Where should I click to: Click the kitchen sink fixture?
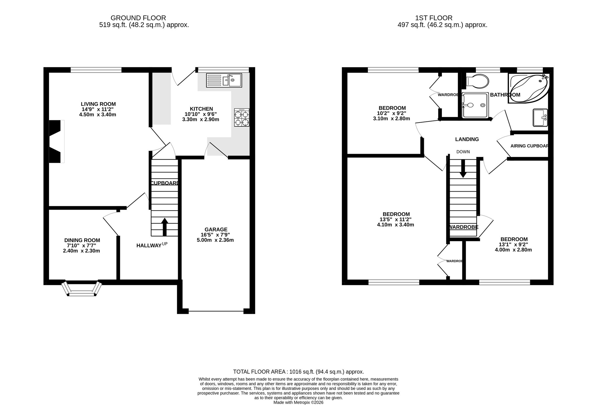click(x=224, y=80)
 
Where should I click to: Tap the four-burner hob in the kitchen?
click(x=242, y=117)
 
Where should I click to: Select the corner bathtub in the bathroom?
click(x=528, y=88)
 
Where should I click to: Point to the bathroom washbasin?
click(x=540, y=118)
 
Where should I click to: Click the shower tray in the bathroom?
click(x=475, y=105)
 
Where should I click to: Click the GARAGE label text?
click(x=216, y=229)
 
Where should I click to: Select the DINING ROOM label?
click(x=82, y=240)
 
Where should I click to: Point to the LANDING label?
click(x=467, y=139)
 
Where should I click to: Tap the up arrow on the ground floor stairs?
click(x=164, y=227)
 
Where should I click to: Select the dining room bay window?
click(x=82, y=289)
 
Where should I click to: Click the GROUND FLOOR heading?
click(x=138, y=18)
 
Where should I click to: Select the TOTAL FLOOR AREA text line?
click(x=298, y=372)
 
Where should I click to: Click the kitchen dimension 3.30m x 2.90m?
click(x=201, y=119)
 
